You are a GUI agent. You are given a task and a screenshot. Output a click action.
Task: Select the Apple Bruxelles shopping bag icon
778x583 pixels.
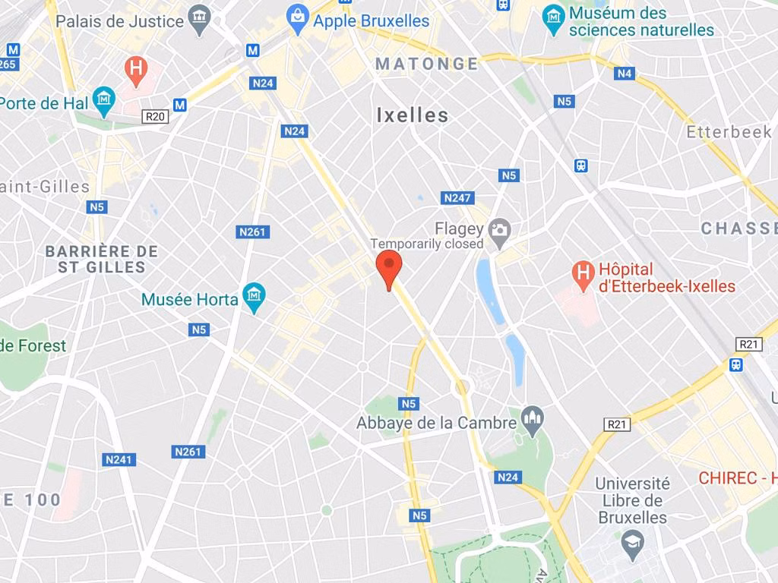click(x=298, y=15)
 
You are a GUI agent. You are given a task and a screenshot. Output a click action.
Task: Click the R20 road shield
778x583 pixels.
click(x=156, y=116)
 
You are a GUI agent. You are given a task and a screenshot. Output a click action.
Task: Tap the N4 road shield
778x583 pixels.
click(x=625, y=74)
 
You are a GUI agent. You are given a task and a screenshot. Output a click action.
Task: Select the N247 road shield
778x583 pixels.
click(x=457, y=198)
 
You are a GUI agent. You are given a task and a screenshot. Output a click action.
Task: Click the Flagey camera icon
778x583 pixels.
click(x=499, y=229)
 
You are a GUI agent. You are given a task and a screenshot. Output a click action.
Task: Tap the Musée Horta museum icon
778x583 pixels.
click(x=254, y=295)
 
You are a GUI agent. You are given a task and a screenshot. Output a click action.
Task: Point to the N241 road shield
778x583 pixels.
click(x=119, y=459)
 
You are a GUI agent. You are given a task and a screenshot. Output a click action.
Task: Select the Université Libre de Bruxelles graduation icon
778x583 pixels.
click(x=632, y=541)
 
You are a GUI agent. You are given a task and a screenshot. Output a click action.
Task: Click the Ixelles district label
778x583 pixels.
click(x=413, y=115)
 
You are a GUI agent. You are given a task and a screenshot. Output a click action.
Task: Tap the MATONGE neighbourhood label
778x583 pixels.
click(x=427, y=64)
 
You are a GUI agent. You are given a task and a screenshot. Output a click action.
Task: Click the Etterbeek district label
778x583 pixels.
click(x=729, y=132)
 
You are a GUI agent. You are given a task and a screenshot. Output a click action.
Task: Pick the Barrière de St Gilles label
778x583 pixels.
click(x=101, y=259)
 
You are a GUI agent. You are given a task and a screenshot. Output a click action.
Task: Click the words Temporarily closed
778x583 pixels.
click(x=426, y=244)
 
